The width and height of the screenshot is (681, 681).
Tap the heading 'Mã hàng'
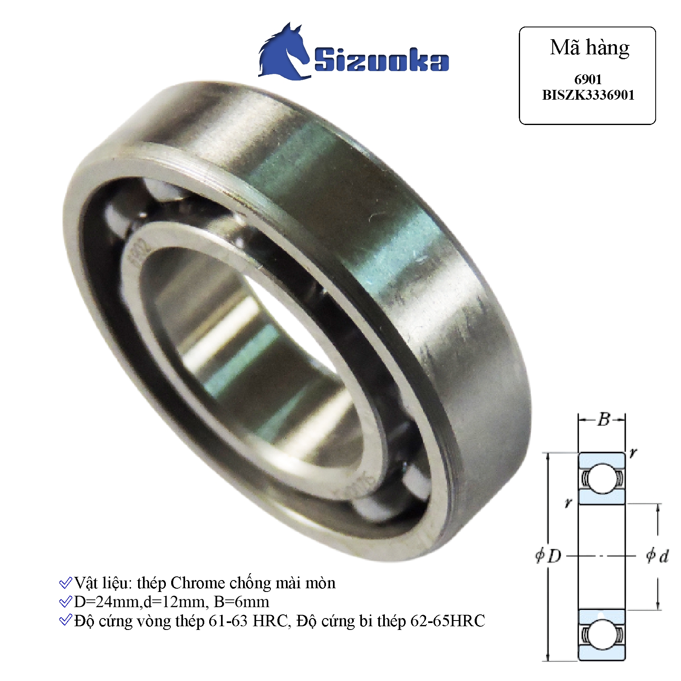coord(589,48)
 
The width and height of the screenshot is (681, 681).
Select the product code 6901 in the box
coord(588,79)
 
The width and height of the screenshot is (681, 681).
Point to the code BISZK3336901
coord(588,95)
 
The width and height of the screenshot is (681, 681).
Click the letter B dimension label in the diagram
coord(603,420)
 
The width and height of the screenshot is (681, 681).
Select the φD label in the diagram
coord(549,556)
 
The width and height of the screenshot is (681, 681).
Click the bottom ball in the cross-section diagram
coord(602,634)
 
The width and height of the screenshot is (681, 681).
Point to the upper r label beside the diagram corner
coord(633,453)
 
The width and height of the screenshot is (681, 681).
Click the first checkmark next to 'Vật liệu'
coord(65,583)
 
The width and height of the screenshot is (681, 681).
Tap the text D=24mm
coord(107,602)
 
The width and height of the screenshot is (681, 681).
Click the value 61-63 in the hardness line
coord(228,621)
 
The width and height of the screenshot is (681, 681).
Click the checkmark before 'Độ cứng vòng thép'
coord(65,621)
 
